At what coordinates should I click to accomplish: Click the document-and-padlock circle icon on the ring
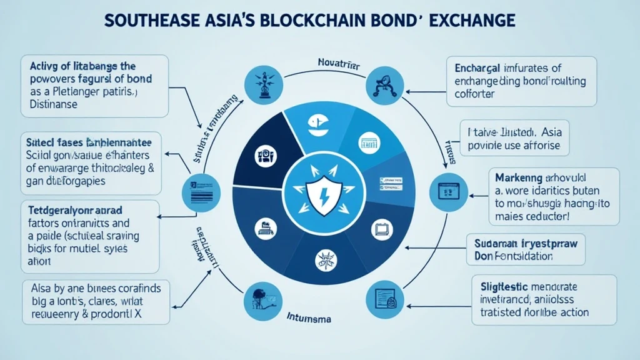383,296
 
